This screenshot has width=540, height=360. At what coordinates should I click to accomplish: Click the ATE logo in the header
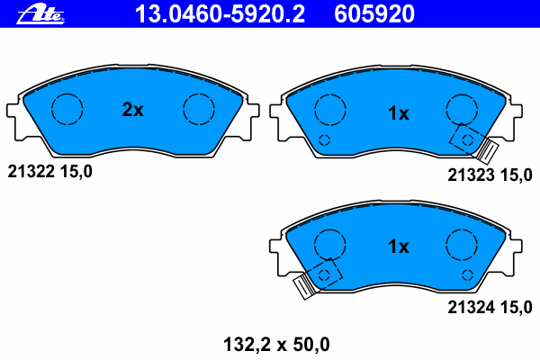(40, 14)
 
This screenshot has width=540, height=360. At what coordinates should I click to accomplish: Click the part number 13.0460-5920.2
(220, 14)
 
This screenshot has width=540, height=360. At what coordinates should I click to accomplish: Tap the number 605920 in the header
(374, 14)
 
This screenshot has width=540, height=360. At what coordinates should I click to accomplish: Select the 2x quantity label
(132, 110)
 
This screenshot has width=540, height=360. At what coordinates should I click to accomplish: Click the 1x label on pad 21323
(399, 113)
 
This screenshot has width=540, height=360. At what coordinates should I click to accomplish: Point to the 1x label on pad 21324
(399, 247)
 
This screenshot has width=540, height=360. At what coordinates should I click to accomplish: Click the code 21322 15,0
(49, 171)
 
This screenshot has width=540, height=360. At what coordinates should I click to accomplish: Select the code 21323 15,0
(490, 175)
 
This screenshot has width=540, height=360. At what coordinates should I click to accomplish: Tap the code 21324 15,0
(490, 307)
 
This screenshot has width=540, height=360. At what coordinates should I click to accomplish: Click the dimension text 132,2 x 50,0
(276, 345)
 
